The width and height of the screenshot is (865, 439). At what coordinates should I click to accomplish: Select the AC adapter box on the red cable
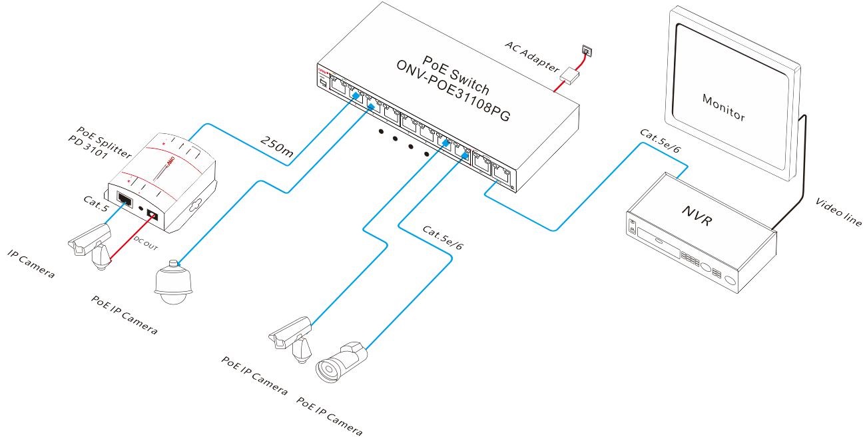[x=570, y=75]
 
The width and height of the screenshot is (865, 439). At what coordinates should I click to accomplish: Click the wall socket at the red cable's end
[x=587, y=49]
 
